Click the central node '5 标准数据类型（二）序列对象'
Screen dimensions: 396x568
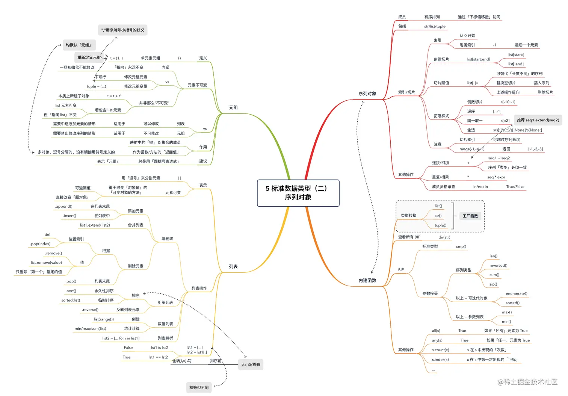[x=298, y=193]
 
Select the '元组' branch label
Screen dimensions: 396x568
[x=233, y=107]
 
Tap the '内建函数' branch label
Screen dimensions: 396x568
[x=367, y=280]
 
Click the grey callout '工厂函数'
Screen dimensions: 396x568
[x=470, y=216]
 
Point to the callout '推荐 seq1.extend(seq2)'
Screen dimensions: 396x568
[x=538, y=120]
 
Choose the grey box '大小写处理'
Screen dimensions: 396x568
[x=251, y=364]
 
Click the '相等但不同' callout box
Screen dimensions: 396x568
[x=199, y=387]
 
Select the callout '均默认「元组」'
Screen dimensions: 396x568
[x=79, y=45]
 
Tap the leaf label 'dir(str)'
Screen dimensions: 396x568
[x=444, y=237]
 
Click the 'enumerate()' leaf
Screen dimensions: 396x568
[x=516, y=293]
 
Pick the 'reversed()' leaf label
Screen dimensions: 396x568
[x=498, y=265]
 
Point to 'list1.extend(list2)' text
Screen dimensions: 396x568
[x=95, y=225]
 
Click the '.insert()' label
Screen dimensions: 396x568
[x=69, y=216]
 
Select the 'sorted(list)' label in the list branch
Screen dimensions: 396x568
[x=71, y=300]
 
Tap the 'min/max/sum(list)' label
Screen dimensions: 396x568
[x=90, y=328]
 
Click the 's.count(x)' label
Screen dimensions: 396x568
[x=440, y=350]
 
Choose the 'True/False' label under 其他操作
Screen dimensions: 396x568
[x=515, y=187]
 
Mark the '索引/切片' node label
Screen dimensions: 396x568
[x=406, y=92]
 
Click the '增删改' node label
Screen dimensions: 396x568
[x=167, y=239]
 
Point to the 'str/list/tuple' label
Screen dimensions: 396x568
[x=435, y=26]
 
